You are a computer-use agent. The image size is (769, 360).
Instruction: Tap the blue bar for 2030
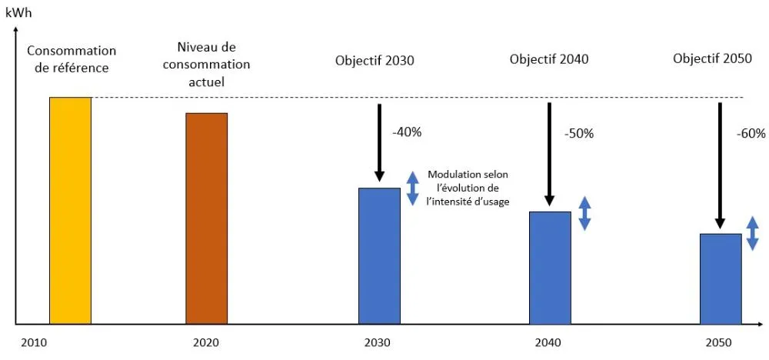pos(379,255)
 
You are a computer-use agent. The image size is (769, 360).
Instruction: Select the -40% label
pos(407,132)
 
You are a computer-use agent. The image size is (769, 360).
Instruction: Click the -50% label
pos(578,133)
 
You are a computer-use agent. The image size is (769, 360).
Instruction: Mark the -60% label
pos(751,133)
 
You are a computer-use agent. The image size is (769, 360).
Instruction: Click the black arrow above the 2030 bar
pos(379,142)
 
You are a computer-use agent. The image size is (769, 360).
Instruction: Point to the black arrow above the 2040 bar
pos(550,154)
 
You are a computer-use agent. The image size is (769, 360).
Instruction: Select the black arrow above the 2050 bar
pos(721,165)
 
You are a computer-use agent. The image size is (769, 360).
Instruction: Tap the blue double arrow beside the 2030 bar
pos(413,188)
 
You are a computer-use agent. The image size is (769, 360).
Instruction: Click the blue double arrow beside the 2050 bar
pos(753,234)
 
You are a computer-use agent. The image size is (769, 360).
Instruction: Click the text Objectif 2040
pos(549,58)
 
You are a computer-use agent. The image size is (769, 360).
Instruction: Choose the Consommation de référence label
pos(72,59)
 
